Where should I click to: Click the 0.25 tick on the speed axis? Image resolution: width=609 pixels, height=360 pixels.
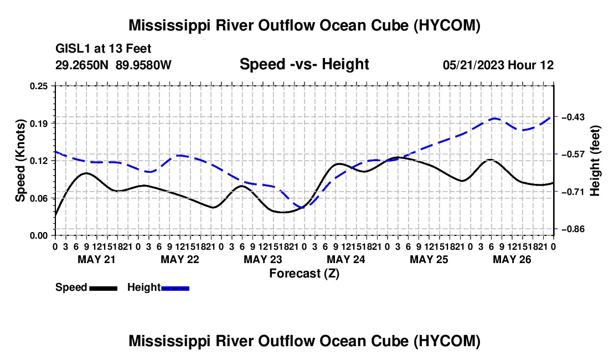click(x=39, y=86)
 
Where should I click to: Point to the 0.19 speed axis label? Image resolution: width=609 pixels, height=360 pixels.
click(x=39, y=124)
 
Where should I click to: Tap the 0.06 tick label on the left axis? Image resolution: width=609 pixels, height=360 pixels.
click(x=39, y=198)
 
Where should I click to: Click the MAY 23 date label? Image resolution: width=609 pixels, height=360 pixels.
click(x=263, y=259)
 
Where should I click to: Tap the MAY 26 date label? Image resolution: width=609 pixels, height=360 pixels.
click(x=512, y=259)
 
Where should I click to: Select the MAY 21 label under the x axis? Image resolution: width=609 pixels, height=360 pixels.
click(x=97, y=259)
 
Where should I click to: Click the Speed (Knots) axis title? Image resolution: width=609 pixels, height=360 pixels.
click(x=20, y=161)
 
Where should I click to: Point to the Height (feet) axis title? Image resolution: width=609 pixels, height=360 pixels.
click(x=595, y=161)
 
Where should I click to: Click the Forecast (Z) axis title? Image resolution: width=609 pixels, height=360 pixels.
click(x=304, y=274)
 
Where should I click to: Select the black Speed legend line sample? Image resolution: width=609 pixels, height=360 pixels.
click(x=104, y=289)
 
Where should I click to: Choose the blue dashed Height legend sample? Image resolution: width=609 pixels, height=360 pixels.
click(x=175, y=289)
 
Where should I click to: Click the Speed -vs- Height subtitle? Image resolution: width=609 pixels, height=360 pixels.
click(x=304, y=64)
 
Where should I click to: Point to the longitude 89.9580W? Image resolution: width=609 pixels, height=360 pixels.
click(x=143, y=65)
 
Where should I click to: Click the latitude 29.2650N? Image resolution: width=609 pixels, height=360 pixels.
click(x=82, y=65)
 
